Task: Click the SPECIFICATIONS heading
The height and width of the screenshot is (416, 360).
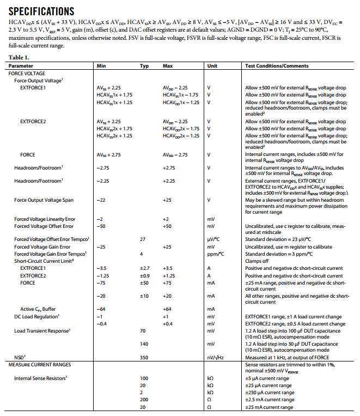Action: coord(41,11)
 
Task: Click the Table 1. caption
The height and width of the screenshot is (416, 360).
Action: coord(19,57)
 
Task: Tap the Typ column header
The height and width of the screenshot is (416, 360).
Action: coord(144,65)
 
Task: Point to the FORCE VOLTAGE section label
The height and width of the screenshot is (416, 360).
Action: coord(27,73)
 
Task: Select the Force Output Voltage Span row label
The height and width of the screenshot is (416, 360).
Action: coord(44,200)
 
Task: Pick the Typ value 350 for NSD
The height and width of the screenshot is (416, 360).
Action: coord(144,357)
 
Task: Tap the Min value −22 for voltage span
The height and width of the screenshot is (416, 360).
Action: coord(101,200)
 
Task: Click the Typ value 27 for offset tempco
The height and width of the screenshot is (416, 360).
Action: coord(143,239)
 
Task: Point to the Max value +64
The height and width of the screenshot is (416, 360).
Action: coord(168,309)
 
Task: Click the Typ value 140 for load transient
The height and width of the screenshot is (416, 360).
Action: coord(144,344)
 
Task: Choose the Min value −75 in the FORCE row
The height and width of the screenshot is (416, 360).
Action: coord(101,283)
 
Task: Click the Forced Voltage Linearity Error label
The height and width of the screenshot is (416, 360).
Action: coord(45,219)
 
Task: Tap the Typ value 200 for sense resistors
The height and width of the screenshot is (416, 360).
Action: coord(144,400)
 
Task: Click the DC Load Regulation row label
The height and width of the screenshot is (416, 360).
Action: coord(36,316)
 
